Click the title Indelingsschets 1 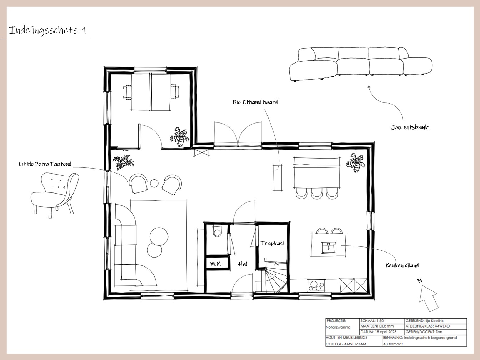pyautogui.click(x=47, y=30)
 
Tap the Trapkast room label pyautogui.click(x=273, y=243)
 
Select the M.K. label pyautogui.click(x=216, y=264)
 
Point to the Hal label pyautogui.click(x=242, y=264)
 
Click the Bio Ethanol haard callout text pyautogui.click(x=255, y=102)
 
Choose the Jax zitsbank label pyautogui.click(x=410, y=127)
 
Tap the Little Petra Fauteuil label pyautogui.click(x=45, y=164)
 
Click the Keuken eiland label pyautogui.click(x=402, y=265)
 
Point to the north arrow pyautogui.click(x=428, y=298)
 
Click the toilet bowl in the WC pyautogui.click(x=217, y=232)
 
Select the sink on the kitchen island pyautogui.click(x=329, y=247)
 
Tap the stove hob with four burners pyautogui.click(x=316, y=285)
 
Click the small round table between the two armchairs pyautogui.click(x=154, y=183)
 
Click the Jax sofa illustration pyautogui.click(x=361, y=64)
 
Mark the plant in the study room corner pyautogui.click(x=180, y=137)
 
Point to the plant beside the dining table pyautogui.click(x=356, y=163)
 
